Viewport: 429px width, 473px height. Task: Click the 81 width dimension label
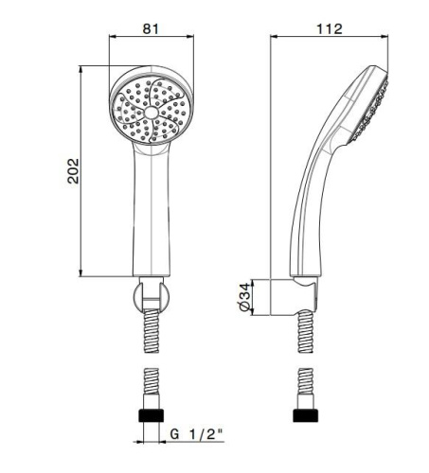(151, 28)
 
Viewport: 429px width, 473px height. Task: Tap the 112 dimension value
(330, 29)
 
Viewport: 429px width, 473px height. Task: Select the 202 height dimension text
(73, 171)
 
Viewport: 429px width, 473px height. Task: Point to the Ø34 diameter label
(245, 297)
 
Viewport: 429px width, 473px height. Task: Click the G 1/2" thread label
(196, 434)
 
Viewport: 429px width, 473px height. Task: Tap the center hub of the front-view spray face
(152, 113)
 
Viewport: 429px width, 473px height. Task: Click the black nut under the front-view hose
(152, 415)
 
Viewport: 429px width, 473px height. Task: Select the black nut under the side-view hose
(306, 415)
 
